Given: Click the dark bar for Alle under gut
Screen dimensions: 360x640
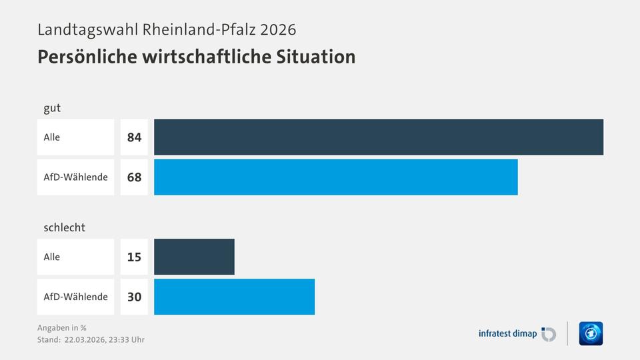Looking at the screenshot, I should click(379, 137).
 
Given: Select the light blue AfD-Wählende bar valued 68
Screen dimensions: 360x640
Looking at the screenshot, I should click(336, 177).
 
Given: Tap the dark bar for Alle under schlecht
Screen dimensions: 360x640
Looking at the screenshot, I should click(194, 257).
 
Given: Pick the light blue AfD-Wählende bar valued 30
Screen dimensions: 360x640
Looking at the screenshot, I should click(234, 297).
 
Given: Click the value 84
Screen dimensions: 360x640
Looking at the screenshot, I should click(134, 137).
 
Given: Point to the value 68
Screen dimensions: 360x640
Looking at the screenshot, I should click(134, 177).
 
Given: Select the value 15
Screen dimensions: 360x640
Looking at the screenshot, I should click(134, 257).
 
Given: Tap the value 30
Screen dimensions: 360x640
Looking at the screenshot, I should click(134, 297).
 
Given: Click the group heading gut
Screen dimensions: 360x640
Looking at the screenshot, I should click(52, 108).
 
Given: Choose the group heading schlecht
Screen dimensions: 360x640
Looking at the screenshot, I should click(65, 227).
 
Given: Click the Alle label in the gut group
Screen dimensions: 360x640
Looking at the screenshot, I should click(52, 137).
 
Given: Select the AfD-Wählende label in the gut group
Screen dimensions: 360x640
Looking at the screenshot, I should click(75, 177).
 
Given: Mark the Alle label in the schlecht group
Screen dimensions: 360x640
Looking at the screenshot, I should click(52, 257).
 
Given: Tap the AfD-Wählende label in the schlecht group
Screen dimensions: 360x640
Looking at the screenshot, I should click(75, 297).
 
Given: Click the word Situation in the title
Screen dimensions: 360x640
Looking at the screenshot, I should click(315, 57).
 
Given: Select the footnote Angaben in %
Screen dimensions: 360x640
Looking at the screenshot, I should click(62, 327).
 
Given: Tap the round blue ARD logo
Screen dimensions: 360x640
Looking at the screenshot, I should click(591, 333).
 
